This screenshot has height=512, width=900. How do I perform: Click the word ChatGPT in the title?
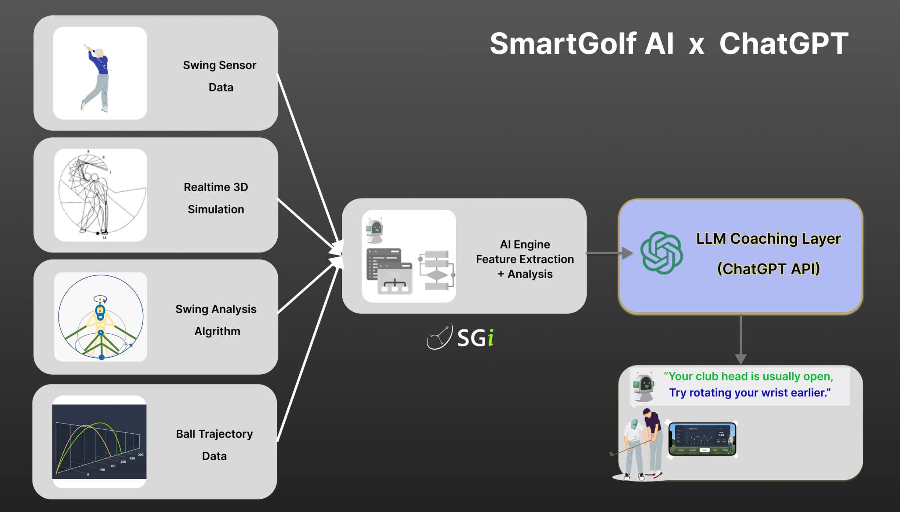(783, 44)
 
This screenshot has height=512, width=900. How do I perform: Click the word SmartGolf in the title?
(563, 44)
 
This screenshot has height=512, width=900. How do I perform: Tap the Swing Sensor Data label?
(220, 76)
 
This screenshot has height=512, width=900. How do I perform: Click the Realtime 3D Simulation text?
(216, 198)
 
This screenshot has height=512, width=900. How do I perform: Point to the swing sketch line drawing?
(100, 195)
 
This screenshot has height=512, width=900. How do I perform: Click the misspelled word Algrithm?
(217, 331)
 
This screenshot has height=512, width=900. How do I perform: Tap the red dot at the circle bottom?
(102, 357)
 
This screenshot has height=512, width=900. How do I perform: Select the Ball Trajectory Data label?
(214, 444)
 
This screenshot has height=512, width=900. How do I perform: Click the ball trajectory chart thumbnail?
(99, 441)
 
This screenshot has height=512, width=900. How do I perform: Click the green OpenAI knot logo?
(661, 253)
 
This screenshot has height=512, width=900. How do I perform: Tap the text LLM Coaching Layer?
(768, 238)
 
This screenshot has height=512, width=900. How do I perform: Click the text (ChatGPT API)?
(768, 269)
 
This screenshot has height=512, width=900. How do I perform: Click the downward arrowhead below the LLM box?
(741, 358)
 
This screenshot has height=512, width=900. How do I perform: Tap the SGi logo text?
(475, 338)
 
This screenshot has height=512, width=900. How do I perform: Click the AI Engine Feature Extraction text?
(525, 259)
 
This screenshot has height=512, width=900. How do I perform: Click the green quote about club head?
(748, 377)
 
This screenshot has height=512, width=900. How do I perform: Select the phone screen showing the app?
(702, 439)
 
